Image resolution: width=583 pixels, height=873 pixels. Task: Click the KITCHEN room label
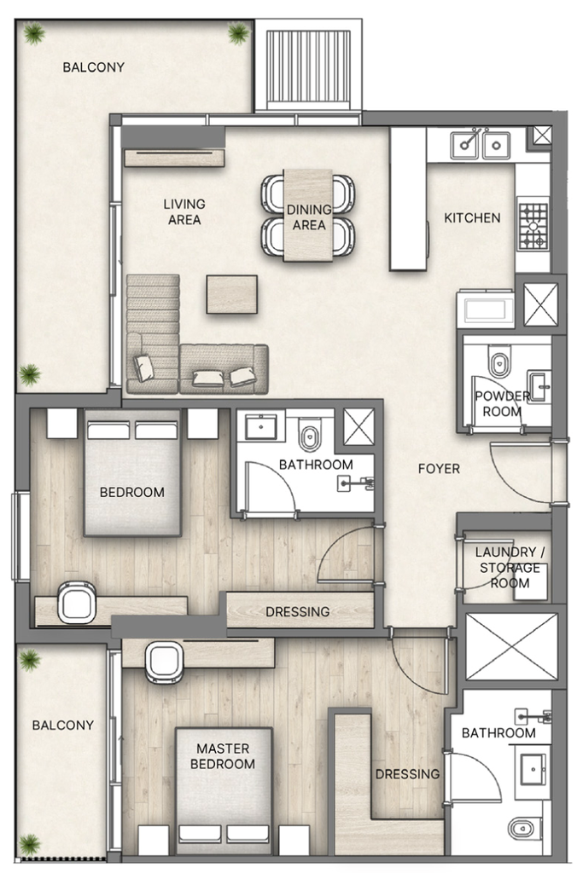pos(472,218)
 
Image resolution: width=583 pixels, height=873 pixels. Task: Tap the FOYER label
pos(439,469)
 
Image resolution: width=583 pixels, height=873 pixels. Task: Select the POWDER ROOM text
pos(502,403)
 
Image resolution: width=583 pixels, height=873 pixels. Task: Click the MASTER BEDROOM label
pos(223,756)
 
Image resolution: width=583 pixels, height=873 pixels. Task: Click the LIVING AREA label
pos(184,211)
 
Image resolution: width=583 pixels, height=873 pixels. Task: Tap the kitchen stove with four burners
pos(533,224)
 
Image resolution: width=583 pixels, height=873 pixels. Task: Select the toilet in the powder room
pos(499,361)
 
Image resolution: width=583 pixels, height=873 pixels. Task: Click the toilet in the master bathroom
pos(522,828)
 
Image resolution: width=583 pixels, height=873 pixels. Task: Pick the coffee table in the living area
pos(231,294)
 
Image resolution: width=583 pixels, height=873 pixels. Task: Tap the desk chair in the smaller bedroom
pos(78,601)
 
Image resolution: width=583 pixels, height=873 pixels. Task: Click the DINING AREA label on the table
pos(308,217)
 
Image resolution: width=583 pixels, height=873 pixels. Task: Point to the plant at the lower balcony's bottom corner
pos(30,844)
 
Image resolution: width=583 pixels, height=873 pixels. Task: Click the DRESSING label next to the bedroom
pos(297,611)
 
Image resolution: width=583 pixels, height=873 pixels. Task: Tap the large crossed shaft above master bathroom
pos(510,646)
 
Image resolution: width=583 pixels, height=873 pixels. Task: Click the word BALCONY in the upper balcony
pos(93,67)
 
